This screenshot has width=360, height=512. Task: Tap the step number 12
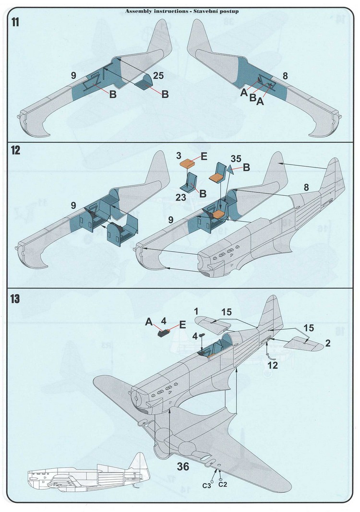(x=15, y=151)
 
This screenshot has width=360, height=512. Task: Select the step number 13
(x=15, y=298)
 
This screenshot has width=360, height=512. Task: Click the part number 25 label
(x=158, y=75)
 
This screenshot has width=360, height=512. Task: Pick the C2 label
(x=223, y=484)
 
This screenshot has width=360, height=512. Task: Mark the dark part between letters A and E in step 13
(x=166, y=330)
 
